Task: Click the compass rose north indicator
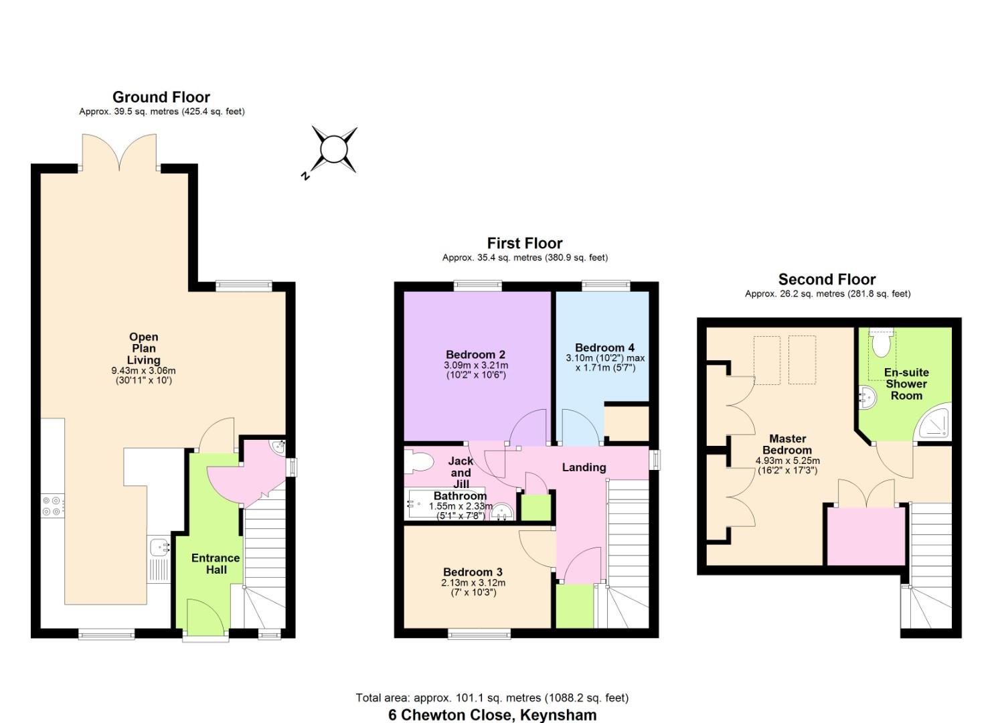click(x=332, y=149)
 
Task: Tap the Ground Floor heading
click(x=161, y=97)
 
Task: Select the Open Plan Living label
click(x=144, y=348)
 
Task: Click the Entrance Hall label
click(x=216, y=564)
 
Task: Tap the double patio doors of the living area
click(x=119, y=153)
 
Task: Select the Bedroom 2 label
click(x=475, y=355)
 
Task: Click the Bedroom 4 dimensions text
click(x=605, y=363)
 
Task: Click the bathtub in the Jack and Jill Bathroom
click(x=428, y=505)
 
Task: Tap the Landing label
click(x=584, y=467)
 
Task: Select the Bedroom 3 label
click(x=473, y=572)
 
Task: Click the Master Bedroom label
click(x=787, y=445)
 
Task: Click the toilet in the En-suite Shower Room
click(x=881, y=343)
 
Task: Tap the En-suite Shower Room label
click(x=906, y=384)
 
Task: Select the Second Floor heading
click(x=827, y=279)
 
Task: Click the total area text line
click(x=492, y=698)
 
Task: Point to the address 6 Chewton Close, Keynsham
click(x=492, y=714)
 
